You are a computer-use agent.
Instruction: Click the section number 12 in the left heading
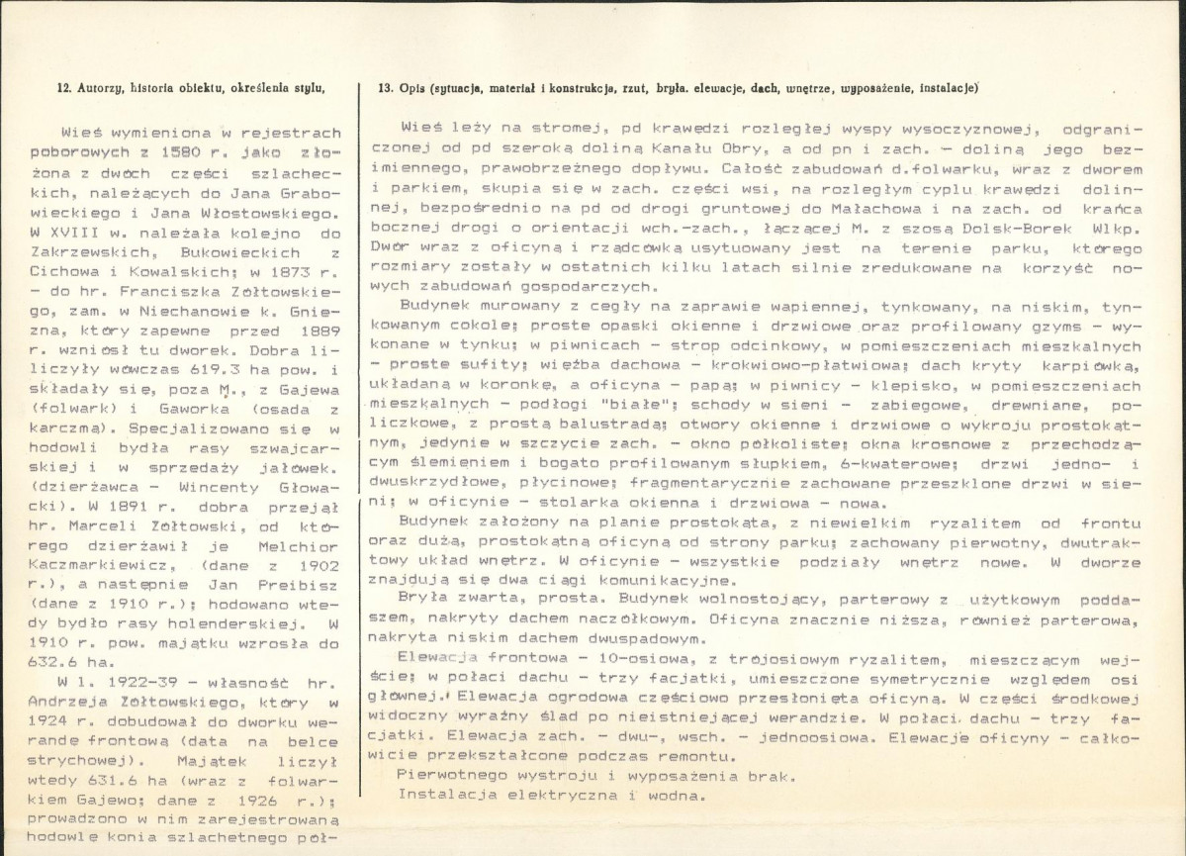click(61, 88)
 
